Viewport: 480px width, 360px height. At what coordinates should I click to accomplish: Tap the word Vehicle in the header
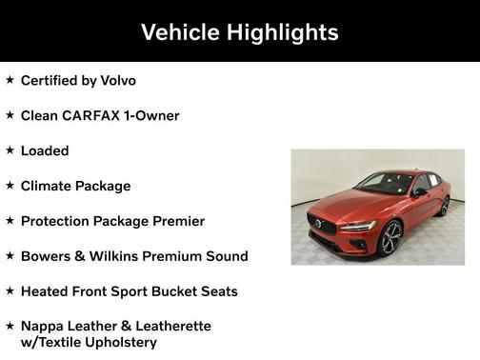tap(180, 32)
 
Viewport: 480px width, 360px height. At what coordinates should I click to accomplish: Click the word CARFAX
tap(98, 115)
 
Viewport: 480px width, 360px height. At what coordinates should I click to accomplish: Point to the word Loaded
tap(45, 150)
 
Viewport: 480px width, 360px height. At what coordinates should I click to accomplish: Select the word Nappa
tap(44, 326)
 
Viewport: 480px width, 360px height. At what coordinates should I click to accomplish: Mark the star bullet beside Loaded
tap(10, 150)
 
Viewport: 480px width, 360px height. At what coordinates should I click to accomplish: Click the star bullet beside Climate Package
tap(10, 185)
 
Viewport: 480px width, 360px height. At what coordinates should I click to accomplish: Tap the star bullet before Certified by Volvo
tap(10, 80)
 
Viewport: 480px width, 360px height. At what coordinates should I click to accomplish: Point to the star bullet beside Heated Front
tap(10, 290)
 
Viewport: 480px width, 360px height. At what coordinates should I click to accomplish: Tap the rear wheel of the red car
tap(444, 207)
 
